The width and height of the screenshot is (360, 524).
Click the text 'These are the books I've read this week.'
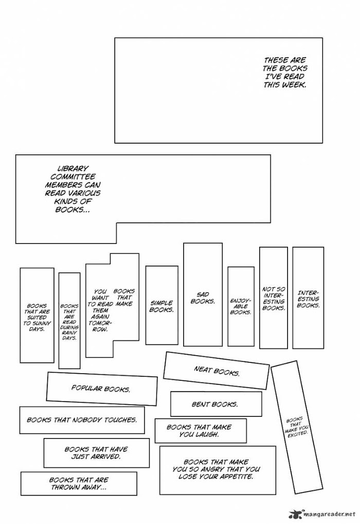[x=284, y=72]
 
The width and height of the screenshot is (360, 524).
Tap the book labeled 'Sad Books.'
[x=203, y=298]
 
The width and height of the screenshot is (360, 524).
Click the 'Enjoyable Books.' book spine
[x=241, y=306]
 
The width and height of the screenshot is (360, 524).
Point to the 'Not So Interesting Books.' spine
[x=273, y=299]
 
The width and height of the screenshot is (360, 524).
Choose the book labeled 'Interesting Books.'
[x=308, y=299]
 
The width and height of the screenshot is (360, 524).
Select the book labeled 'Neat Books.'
[x=217, y=371]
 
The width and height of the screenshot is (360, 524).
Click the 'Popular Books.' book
[x=101, y=389]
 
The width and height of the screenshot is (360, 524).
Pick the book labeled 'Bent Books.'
[x=215, y=404]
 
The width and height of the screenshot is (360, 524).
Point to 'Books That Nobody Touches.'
[x=82, y=420]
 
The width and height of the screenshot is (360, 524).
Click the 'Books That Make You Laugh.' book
[x=200, y=430]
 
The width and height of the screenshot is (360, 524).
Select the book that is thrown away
[x=79, y=483]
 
